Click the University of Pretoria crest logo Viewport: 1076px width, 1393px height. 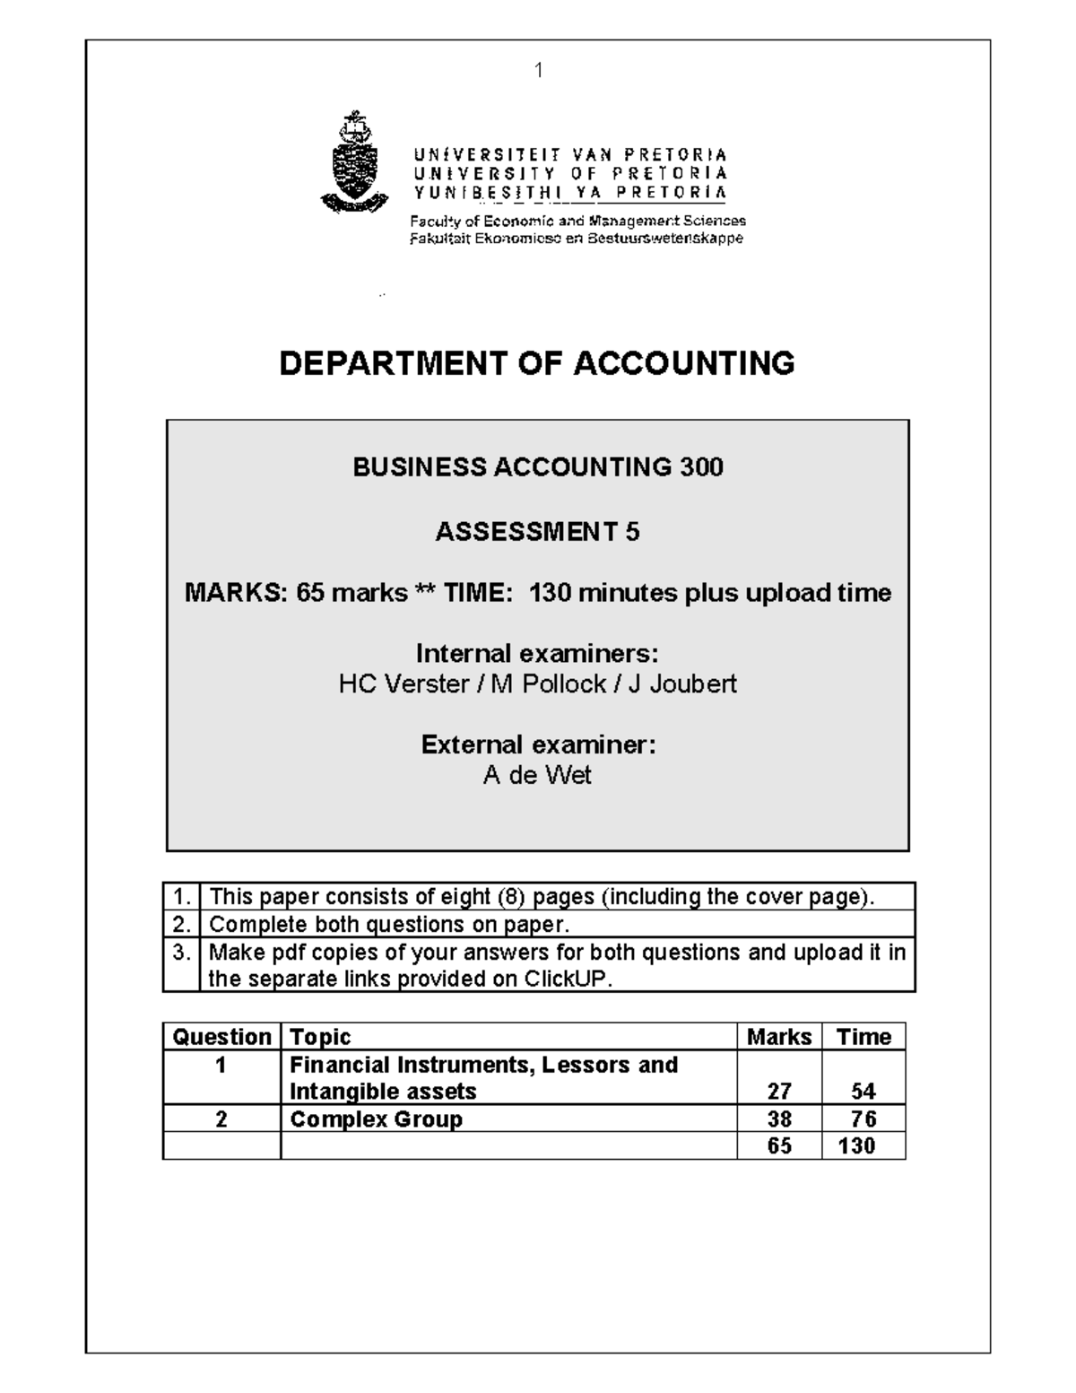(x=354, y=162)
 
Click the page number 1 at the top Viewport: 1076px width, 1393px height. (x=538, y=70)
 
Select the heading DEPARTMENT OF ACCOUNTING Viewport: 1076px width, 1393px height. (x=537, y=363)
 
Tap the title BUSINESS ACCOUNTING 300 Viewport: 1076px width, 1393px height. (x=537, y=467)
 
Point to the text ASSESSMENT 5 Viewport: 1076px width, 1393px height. (x=537, y=532)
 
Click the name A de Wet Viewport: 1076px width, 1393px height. (x=537, y=775)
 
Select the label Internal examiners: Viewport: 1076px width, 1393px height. (x=537, y=652)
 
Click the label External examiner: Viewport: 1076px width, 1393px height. (x=538, y=744)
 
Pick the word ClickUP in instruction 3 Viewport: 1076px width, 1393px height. (x=567, y=979)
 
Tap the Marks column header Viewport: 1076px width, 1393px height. (x=778, y=1037)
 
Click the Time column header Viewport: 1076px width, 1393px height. (x=863, y=1037)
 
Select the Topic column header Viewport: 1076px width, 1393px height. (x=320, y=1037)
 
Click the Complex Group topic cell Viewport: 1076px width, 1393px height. (x=376, y=1119)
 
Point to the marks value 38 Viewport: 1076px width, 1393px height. (x=778, y=1119)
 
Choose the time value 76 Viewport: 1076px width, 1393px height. (x=863, y=1119)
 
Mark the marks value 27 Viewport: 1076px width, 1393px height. (x=778, y=1092)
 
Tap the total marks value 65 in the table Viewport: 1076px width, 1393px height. (x=778, y=1146)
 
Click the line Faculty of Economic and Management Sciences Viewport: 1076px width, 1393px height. (x=577, y=221)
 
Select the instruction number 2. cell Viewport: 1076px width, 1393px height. (x=182, y=924)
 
